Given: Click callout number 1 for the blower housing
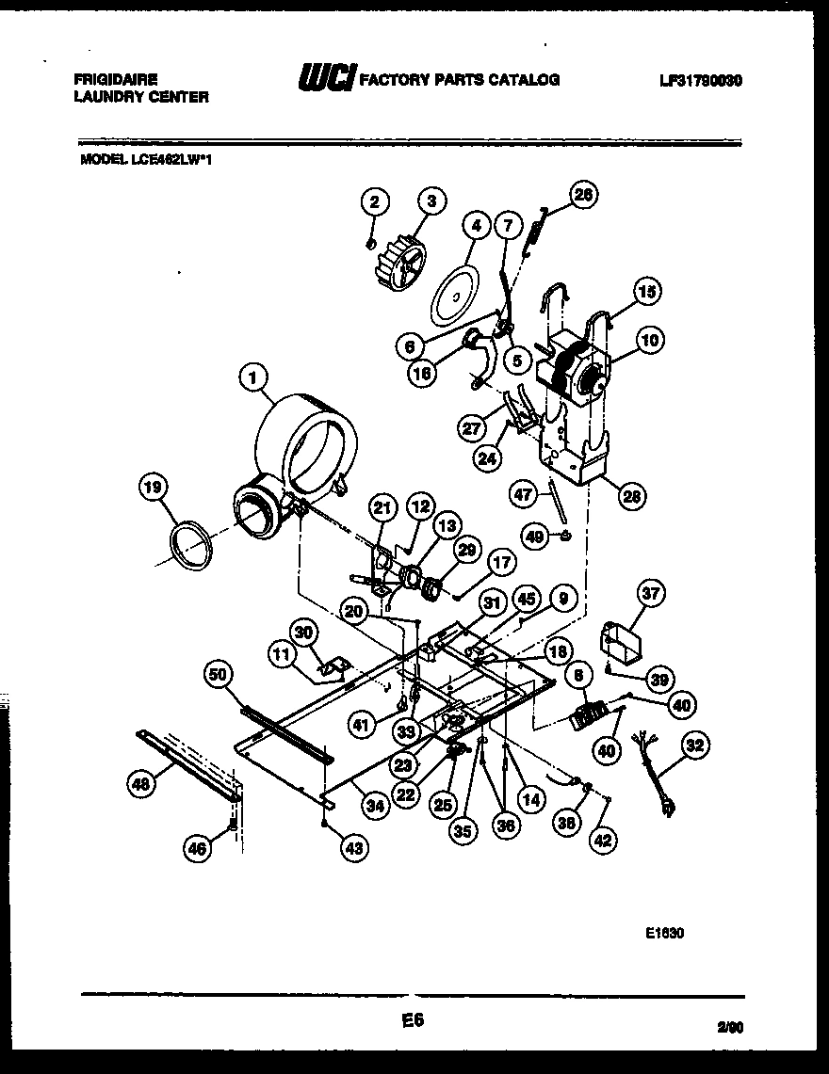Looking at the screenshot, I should click(x=251, y=378).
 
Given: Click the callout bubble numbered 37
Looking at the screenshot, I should click(x=651, y=593).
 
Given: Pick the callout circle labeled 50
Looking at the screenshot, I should click(x=219, y=672).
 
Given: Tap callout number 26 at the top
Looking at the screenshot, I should click(x=584, y=195).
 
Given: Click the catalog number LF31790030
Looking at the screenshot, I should click(x=701, y=81).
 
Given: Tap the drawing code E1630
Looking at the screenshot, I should click(x=664, y=935).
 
